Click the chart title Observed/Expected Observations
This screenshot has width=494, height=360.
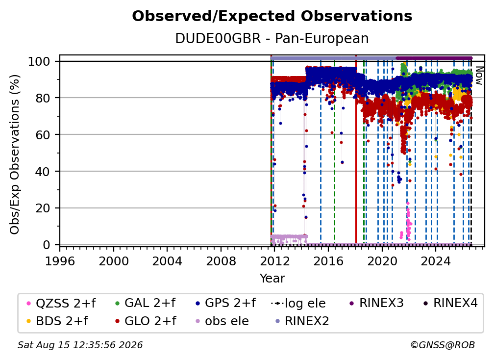[x=272, y=16]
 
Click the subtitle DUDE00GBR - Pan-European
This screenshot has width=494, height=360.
[x=272, y=38]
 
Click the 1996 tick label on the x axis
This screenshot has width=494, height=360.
[x=60, y=261]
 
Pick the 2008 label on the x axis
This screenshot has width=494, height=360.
[x=221, y=261]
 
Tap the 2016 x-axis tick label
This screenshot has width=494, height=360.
[x=328, y=261]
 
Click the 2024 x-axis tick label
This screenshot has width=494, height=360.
[x=436, y=261]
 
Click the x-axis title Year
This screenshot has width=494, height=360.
[x=272, y=279]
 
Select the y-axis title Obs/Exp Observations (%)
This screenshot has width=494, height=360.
[x=15, y=154]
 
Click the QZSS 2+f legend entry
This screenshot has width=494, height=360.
[x=61, y=303]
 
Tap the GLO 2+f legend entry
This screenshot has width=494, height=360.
[x=146, y=321]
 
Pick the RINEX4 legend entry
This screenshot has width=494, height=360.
[x=450, y=303]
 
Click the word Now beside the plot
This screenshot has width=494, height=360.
[x=479, y=76]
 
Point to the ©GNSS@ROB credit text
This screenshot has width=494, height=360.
[x=443, y=345]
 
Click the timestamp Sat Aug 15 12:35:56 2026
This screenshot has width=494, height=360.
[x=80, y=345]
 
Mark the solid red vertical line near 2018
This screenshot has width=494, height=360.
[x=356, y=150]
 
